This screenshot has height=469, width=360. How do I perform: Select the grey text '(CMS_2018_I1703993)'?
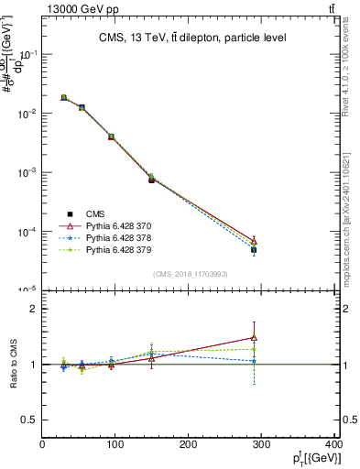click(190, 273)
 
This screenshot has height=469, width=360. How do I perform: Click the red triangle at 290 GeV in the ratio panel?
click(254, 338)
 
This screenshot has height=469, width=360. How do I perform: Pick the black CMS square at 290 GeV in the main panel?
click(254, 249)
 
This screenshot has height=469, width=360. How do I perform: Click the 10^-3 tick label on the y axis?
click(27, 172)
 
